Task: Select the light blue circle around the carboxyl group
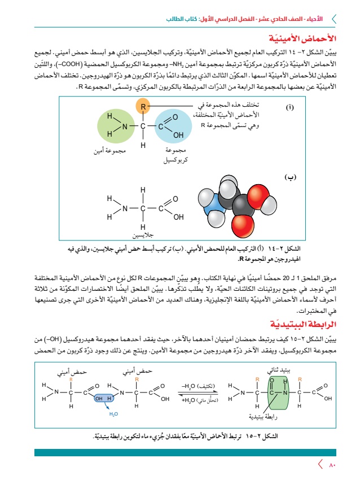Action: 170,126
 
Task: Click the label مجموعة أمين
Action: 110,151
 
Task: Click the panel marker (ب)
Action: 290,178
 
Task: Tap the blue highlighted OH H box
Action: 104,398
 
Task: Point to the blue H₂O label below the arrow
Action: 113,413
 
